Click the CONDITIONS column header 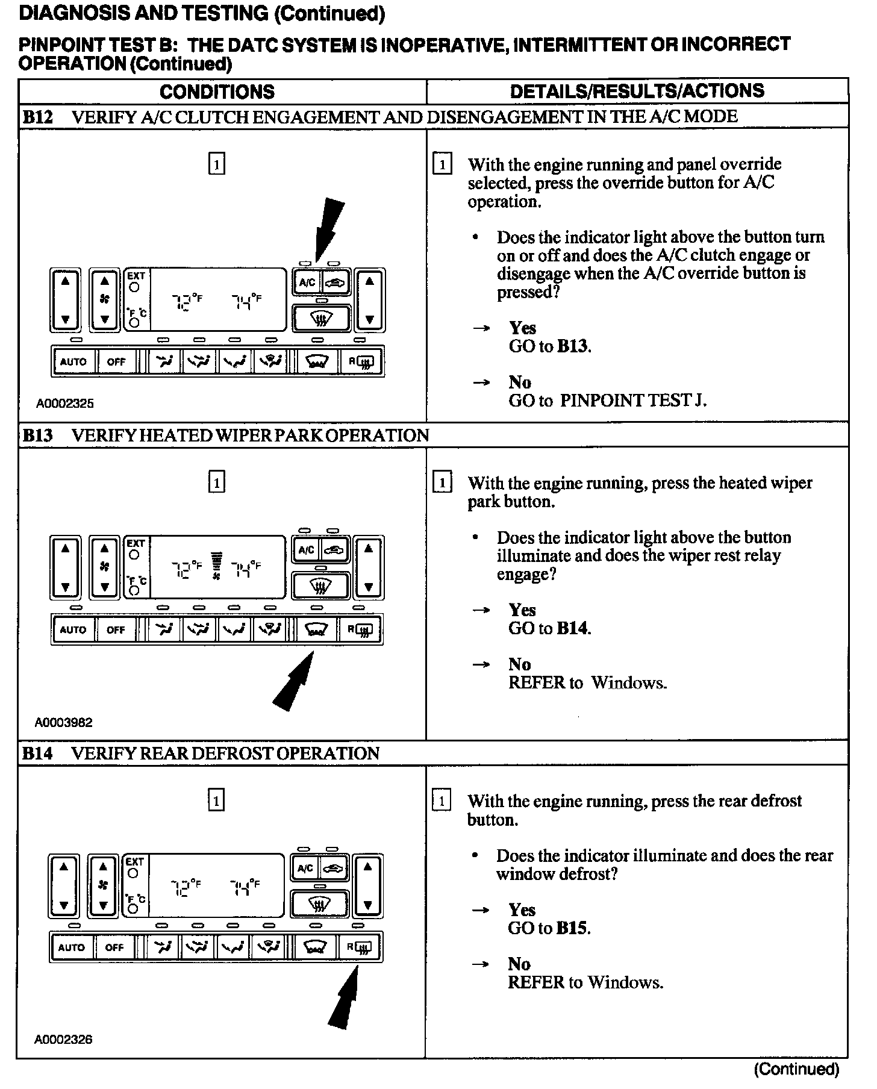217,92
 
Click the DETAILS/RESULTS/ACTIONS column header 637,91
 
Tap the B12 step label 37,117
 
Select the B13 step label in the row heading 37,435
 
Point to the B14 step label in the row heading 37,754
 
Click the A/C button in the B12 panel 307,282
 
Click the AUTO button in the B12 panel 73,362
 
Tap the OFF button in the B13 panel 116,630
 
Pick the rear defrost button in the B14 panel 360,947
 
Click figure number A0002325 65,404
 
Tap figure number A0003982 64,722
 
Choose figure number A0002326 64,1039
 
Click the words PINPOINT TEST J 633,401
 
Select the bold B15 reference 572,928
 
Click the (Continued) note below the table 796,1069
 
